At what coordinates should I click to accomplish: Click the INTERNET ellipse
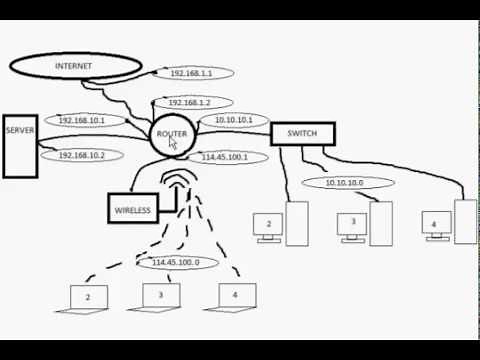[75, 66]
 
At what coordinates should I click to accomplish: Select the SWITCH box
[302, 134]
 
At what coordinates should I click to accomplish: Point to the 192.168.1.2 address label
[194, 103]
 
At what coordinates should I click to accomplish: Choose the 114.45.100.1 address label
[225, 157]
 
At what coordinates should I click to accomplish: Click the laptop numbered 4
[234, 296]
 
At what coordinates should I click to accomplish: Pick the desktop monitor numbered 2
[268, 226]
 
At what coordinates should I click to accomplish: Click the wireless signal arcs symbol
[178, 185]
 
